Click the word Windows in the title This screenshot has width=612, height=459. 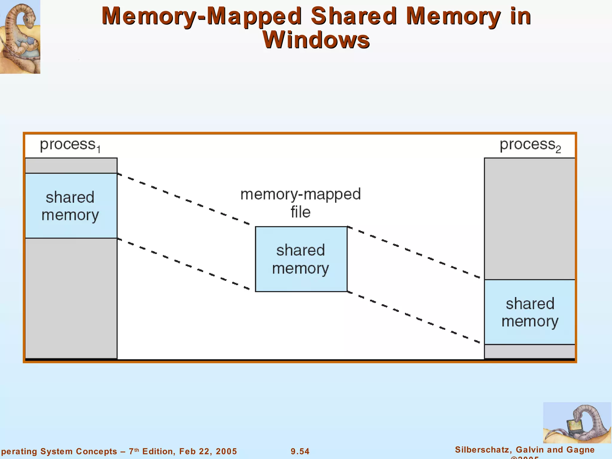[316, 40]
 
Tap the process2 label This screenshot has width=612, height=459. [530, 145]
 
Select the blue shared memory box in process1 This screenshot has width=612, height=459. [71, 206]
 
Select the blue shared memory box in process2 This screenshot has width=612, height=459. [530, 312]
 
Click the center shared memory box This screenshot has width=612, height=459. [301, 259]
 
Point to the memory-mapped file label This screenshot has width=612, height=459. [301, 203]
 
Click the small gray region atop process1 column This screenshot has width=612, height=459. [71, 166]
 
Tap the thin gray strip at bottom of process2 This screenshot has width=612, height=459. [530, 351]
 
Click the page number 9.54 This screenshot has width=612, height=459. [300, 451]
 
